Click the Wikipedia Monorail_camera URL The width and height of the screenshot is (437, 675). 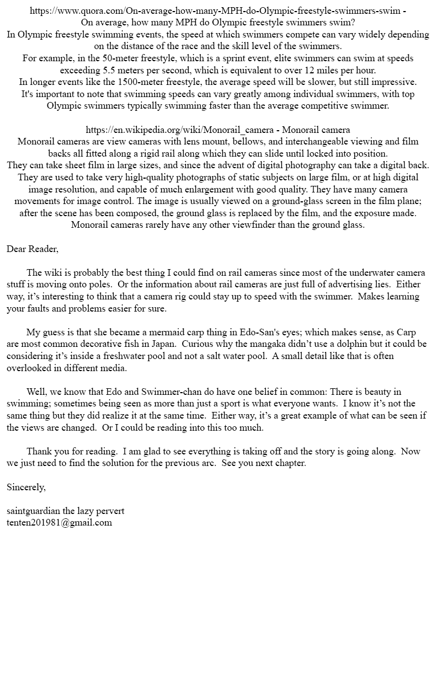click(179, 130)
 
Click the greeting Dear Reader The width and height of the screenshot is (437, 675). click(32, 249)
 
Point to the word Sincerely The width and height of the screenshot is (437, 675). click(26, 487)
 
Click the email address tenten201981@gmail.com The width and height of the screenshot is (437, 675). click(59, 522)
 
